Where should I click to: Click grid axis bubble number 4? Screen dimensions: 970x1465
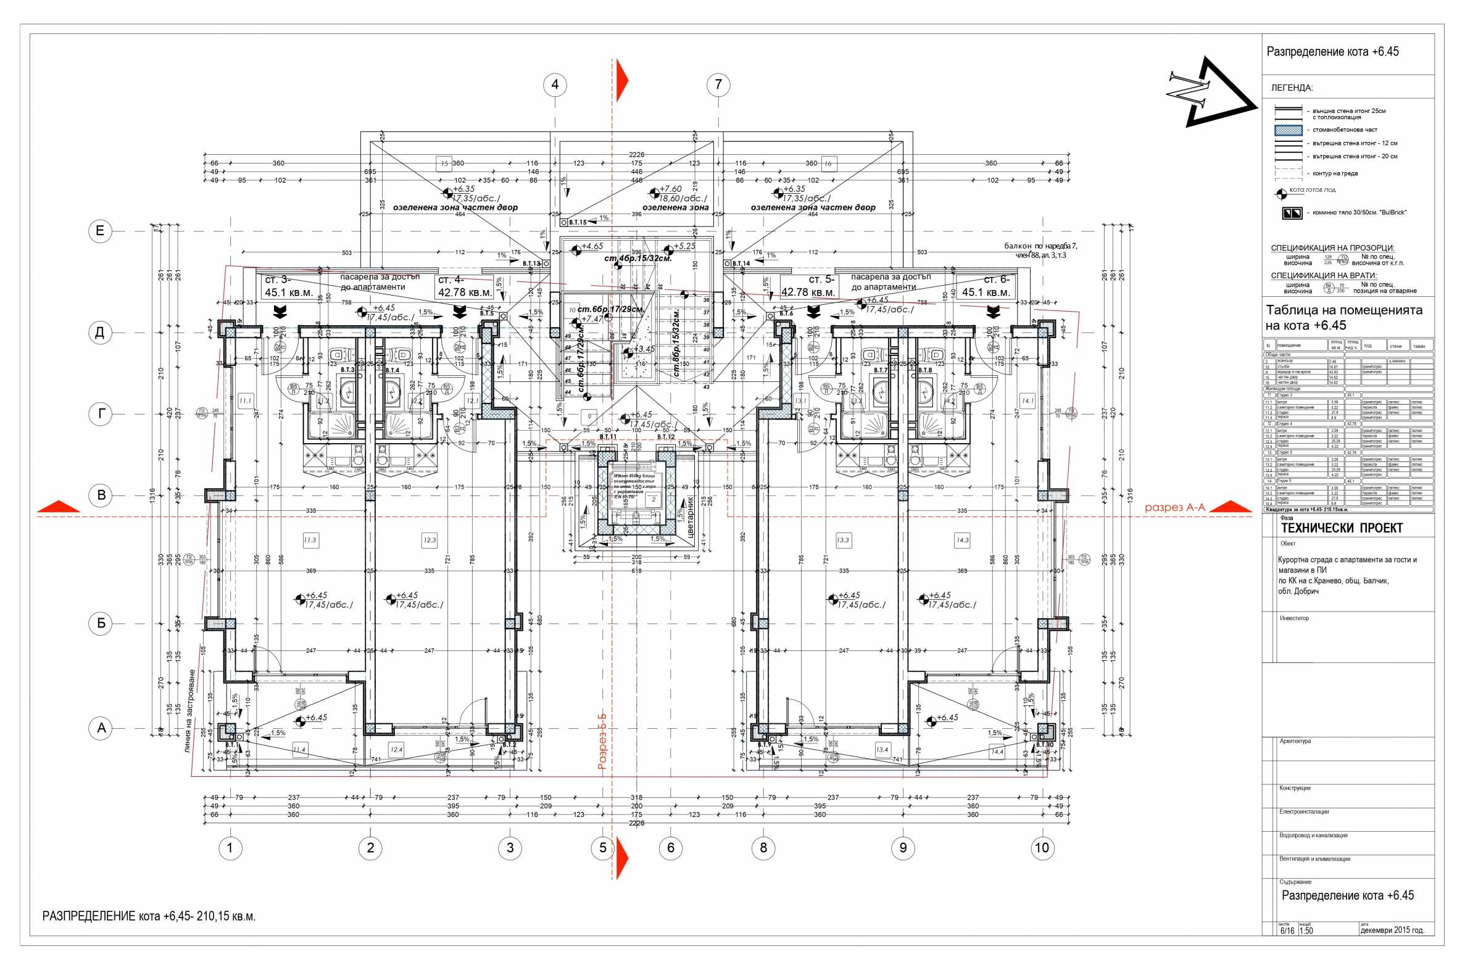pyautogui.click(x=555, y=85)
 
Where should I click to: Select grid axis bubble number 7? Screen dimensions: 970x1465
pyautogui.click(x=718, y=85)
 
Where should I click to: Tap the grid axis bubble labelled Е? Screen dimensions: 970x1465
pyautogui.click(x=100, y=231)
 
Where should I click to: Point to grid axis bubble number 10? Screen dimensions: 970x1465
pyautogui.click(x=1042, y=847)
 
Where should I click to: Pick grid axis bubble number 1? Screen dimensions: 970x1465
pyautogui.click(x=230, y=847)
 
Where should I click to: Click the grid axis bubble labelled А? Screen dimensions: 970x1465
pyautogui.click(x=101, y=728)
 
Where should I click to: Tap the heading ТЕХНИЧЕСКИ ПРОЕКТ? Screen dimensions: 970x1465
pyautogui.click(x=1341, y=528)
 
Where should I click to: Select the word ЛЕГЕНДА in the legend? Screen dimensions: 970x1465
pyautogui.click(x=1292, y=88)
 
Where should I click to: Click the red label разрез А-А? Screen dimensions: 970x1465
pyautogui.click(x=1174, y=507)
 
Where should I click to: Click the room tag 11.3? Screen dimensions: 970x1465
pyautogui.click(x=310, y=540)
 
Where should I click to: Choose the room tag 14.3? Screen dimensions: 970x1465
pyautogui.click(x=963, y=540)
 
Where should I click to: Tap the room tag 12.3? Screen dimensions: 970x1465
pyautogui.click(x=430, y=540)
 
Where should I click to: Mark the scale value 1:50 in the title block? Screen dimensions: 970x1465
pyautogui.click(x=1306, y=948)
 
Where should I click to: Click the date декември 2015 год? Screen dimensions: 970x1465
pyautogui.click(x=1392, y=948)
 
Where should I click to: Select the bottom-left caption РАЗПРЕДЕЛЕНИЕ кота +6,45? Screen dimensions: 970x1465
pyautogui.click(x=149, y=916)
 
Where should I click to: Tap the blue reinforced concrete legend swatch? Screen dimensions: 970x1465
pyautogui.click(x=1288, y=130)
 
